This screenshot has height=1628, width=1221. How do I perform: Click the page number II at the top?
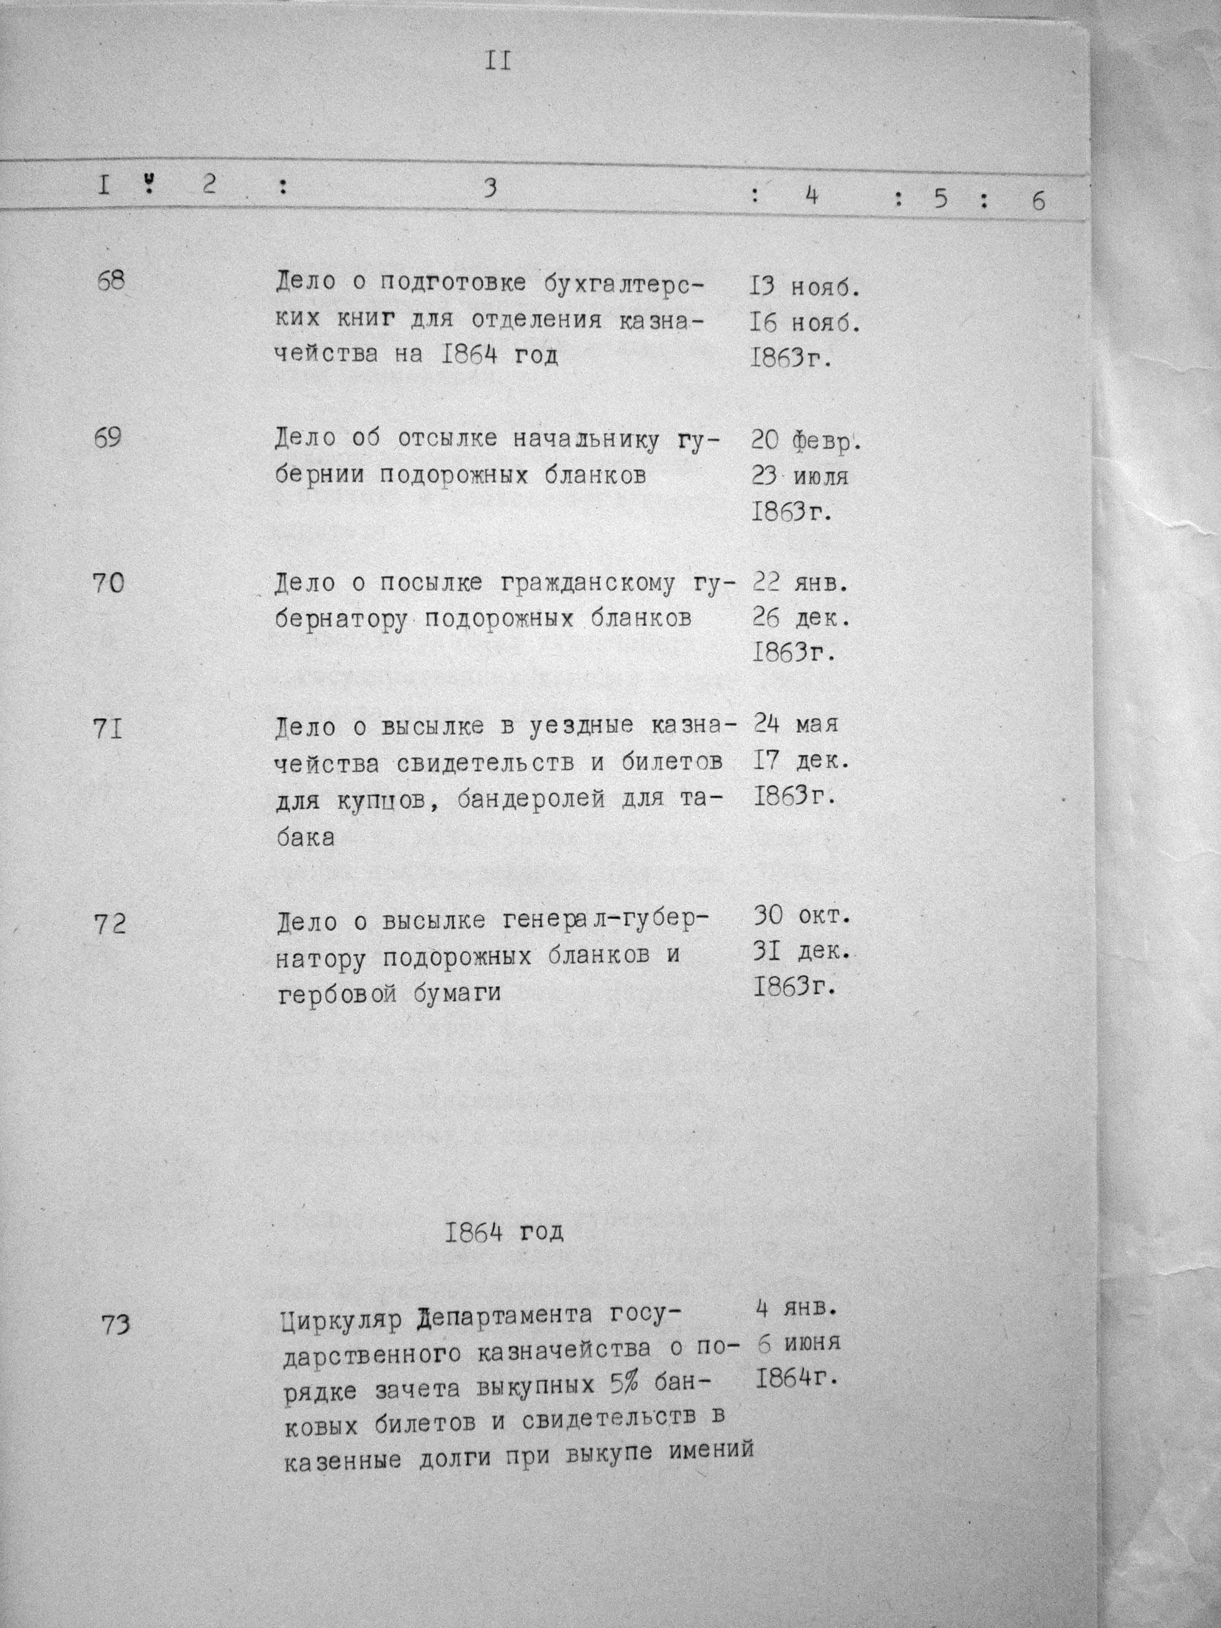(x=497, y=62)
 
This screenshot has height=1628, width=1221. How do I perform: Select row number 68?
(x=111, y=281)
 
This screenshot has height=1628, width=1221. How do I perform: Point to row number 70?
(x=109, y=583)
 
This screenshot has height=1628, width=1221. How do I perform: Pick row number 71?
(x=108, y=730)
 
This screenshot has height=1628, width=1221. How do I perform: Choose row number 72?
(x=111, y=924)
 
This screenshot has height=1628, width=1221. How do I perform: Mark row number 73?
(x=116, y=1324)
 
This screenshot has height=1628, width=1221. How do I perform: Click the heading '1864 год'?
(x=504, y=1232)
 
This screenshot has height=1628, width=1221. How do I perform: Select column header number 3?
(x=490, y=188)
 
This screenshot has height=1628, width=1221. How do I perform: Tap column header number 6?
(x=1038, y=201)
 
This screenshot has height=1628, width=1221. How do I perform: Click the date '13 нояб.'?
(x=805, y=286)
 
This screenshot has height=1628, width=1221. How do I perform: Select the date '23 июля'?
(x=800, y=476)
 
